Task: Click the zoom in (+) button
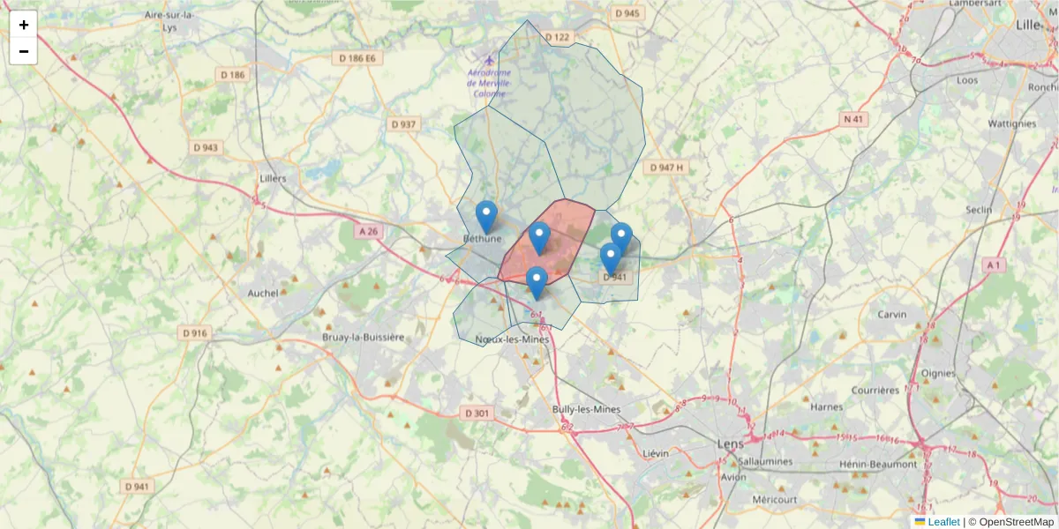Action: [24, 25]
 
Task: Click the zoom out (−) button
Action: [24, 51]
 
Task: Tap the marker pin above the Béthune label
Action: [486, 216]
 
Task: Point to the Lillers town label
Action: [274, 178]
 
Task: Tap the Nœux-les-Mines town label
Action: [512, 339]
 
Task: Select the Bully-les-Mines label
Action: [586, 409]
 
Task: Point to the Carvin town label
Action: [892, 315]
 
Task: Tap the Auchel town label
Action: [263, 293]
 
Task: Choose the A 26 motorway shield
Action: [369, 231]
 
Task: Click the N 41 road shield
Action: [853, 119]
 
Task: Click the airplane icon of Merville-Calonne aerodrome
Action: [488, 60]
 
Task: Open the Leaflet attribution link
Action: [943, 522]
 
